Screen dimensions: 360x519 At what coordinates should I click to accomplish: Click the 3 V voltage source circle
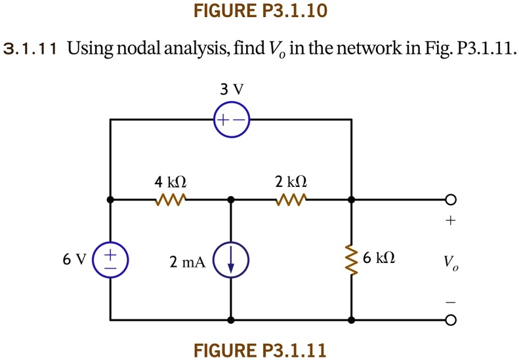click(231, 121)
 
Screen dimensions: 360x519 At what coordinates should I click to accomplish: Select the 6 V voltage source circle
click(110, 259)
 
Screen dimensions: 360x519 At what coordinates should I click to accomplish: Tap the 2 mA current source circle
click(230, 261)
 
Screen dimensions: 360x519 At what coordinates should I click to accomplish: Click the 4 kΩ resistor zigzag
click(170, 199)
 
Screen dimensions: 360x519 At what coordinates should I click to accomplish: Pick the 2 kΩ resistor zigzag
click(291, 199)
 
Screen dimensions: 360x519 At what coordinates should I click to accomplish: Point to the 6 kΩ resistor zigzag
click(352, 260)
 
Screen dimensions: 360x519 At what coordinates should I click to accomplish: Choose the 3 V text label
click(231, 90)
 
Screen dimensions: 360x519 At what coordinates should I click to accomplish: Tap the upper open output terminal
click(450, 199)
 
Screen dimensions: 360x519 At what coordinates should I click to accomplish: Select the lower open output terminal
click(450, 321)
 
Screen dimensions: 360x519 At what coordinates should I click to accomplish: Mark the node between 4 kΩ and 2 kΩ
click(230, 199)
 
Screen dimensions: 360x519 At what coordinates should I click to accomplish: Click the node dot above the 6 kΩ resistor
click(352, 199)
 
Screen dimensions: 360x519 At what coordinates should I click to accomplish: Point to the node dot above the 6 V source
click(110, 199)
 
